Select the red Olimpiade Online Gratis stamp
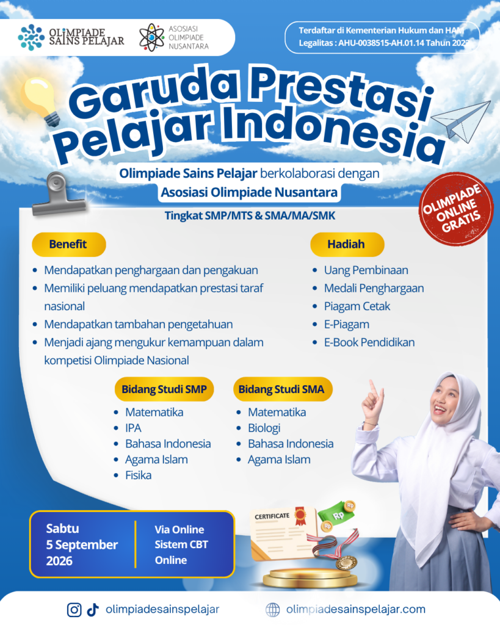tap(454, 209)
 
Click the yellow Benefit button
tap(68, 244)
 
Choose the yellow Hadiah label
tap(347, 244)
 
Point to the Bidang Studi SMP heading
tap(164, 389)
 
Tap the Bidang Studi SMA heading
tap(282, 389)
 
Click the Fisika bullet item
tap(138, 475)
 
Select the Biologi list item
tap(264, 428)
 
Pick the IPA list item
tap(133, 428)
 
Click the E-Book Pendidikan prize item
tap(369, 342)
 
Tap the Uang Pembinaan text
tap(366, 270)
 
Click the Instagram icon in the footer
tap(74, 610)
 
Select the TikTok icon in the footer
tap(93, 610)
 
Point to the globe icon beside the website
tap(273, 610)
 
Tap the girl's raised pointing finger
tap(372, 386)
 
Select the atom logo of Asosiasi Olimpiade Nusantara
tap(151, 37)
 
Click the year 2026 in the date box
tap(59, 561)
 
